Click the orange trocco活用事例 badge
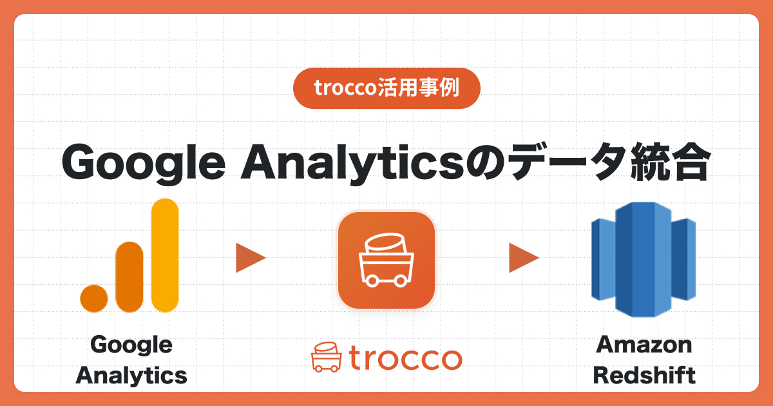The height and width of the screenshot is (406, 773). [x=386, y=88]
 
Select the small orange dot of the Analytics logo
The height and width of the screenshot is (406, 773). [x=94, y=298]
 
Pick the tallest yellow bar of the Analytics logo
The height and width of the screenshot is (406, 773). [x=164, y=255]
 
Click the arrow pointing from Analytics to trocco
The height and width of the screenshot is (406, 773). [x=250, y=258]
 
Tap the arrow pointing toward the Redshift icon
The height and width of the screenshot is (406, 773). [x=523, y=258]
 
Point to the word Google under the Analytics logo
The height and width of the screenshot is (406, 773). [x=131, y=345]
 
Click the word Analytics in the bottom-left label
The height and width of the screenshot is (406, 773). [x=131, y=375]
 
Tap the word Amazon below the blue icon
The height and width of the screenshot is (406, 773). [x=644, y=345]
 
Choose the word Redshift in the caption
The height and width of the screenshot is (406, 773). [x=644, y=375]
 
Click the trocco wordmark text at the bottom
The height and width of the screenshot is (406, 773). [x=406, y=358]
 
